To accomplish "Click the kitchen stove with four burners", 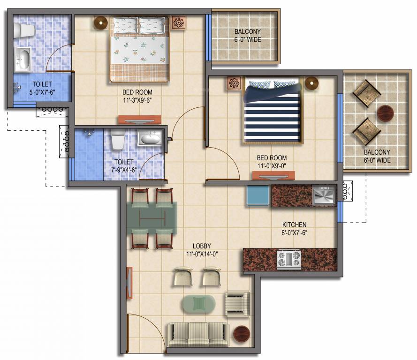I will (289, 260).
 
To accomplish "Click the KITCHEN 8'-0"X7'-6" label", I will (294, 228).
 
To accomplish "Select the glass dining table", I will (152, 218).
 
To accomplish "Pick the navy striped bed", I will (272, 113).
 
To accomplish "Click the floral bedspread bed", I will (139, 49).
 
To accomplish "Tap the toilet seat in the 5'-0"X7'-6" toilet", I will (23, 30).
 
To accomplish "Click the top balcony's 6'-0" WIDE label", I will (247, 36).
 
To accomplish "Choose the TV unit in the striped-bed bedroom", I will (273, 176).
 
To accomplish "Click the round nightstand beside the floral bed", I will (100, 22).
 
